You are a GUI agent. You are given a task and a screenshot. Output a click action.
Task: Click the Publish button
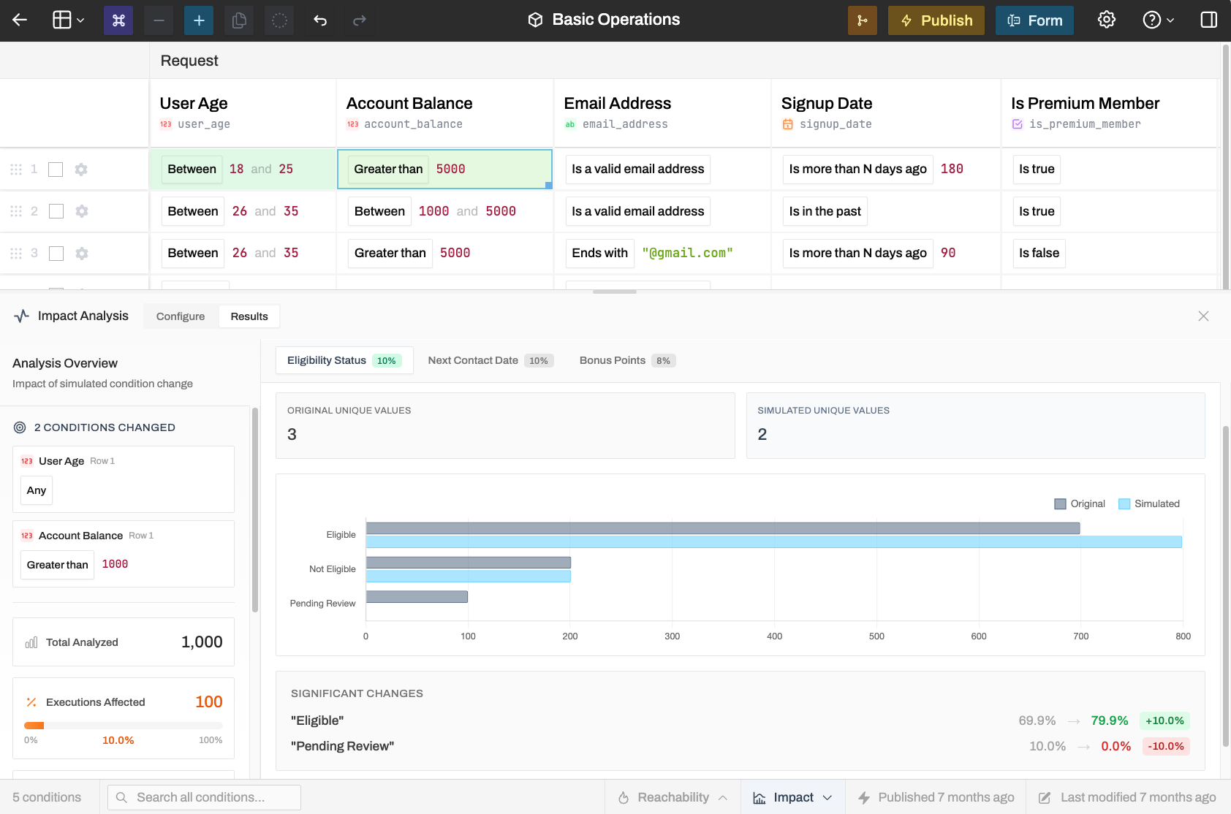(936, 20)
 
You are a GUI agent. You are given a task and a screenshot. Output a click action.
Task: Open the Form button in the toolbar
(1034, 20)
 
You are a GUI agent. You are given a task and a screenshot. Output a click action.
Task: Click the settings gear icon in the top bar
(1106, 20)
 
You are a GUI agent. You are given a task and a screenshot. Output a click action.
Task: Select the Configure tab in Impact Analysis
(181, 316)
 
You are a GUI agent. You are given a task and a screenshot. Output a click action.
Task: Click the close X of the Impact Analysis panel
(1203, 316)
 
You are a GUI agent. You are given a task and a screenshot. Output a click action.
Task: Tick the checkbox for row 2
(56, 211)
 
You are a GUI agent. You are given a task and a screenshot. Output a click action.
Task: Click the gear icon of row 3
(81, 254)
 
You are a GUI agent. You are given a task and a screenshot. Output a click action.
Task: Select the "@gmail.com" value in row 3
(687, 254)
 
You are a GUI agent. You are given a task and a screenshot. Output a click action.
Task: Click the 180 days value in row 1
(952, 170)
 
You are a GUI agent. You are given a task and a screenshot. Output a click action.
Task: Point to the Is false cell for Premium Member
(1039, 254)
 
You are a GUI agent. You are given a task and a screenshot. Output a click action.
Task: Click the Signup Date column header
(827, 103)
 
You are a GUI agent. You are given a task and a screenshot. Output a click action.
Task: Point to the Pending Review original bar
(417, 596)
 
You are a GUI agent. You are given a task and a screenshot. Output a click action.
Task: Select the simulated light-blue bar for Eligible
(774, 542)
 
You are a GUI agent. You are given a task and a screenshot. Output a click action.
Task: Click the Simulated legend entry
(1149, 503)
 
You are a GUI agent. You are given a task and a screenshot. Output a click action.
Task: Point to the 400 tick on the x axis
(774, 636)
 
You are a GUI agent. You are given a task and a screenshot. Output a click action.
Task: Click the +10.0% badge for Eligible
(1164, 720)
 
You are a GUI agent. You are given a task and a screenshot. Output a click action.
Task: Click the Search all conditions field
(205, 797)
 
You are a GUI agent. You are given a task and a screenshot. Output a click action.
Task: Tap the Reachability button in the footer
(673, 797)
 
